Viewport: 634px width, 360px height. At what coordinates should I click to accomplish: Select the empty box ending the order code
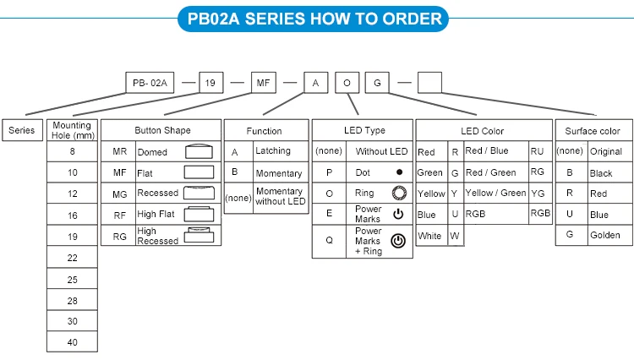point(429,83)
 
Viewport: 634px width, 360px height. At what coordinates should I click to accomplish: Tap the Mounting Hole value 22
point(72,258)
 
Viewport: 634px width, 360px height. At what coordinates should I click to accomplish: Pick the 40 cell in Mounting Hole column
point(72,342)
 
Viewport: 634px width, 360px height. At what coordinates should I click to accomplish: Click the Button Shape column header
point(161,130)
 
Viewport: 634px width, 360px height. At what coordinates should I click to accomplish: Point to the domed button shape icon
point(199,152)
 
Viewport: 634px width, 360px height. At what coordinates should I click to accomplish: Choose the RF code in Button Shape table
point(119,215)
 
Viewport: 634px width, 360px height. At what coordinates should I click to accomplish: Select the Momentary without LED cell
point(279,196)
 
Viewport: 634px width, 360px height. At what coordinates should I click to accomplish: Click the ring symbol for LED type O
point(399,193)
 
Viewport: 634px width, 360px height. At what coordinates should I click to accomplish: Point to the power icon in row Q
point(398,241)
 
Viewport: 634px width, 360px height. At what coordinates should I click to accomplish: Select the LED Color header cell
point(482,131)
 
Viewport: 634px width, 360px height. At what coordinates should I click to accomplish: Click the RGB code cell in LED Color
point(540,214)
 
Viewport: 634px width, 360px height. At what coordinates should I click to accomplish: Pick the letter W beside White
point(455,236)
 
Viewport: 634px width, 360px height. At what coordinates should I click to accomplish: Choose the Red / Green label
point(490,172)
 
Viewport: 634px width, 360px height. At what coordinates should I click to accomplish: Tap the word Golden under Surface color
point(605,235)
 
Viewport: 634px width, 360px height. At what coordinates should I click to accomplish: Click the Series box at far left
point(22,130)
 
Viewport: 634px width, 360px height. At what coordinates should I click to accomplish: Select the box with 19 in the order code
point(211,83)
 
